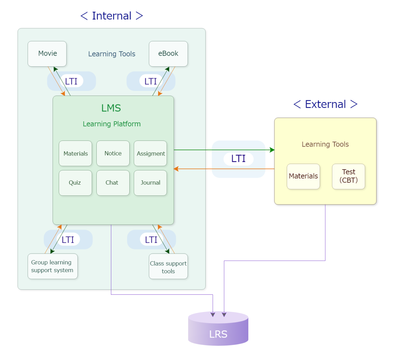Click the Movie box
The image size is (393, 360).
point(47,54)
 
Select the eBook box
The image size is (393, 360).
point(168,54)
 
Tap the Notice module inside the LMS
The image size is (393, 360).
point(113,153)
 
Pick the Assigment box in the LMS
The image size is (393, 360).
point(150,153)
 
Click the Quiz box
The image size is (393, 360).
point(75,183)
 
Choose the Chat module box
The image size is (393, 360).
point(113,183)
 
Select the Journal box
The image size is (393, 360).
point(150,183)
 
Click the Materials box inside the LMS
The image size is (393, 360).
point(75,153)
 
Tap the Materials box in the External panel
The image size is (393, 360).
point(303,176)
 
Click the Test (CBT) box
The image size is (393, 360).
point(348,176)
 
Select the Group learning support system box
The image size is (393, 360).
point(53,266)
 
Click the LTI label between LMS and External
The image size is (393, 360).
point(238,159)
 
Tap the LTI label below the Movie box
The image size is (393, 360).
point(71,81)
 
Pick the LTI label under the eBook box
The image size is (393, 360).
point(150,81)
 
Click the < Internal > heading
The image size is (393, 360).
point(112,16)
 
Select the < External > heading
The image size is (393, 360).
point(325,104)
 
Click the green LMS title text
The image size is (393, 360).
point(111,108)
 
